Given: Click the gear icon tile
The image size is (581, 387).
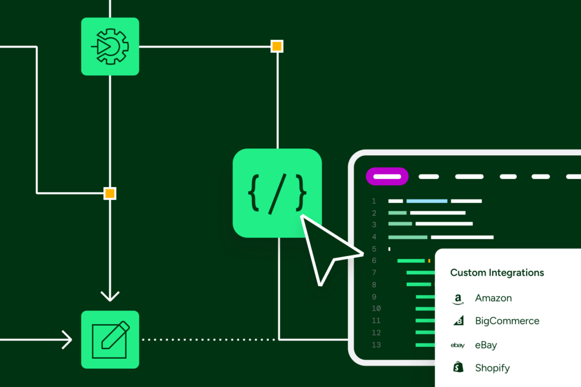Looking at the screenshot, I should pos(110,46).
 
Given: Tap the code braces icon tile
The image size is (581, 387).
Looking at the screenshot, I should pos(277,193).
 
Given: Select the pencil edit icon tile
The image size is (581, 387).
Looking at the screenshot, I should pos(110,339).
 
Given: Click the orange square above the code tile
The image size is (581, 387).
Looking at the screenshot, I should pos(277,46).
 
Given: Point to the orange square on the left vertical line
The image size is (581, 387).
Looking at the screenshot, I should pos(110,193).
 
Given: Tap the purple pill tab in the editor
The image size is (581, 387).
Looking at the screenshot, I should pos(388,176).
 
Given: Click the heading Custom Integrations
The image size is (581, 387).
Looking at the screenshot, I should pos(497,273).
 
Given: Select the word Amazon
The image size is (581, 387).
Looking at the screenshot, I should pos(494,298).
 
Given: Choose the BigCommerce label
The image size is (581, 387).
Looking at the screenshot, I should pos(507,321).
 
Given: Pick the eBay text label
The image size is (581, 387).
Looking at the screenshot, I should pos(486,345).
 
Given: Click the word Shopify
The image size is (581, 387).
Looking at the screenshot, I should pos(492,368).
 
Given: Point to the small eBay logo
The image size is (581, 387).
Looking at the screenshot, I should pos(458,345).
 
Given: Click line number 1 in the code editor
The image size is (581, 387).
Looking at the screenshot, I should pos(374,201).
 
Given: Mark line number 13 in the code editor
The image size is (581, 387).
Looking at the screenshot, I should pos(376,345).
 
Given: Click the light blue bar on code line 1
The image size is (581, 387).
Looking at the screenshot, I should pos(427,201).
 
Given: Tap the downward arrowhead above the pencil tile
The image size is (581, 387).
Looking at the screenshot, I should pos(110,296).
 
